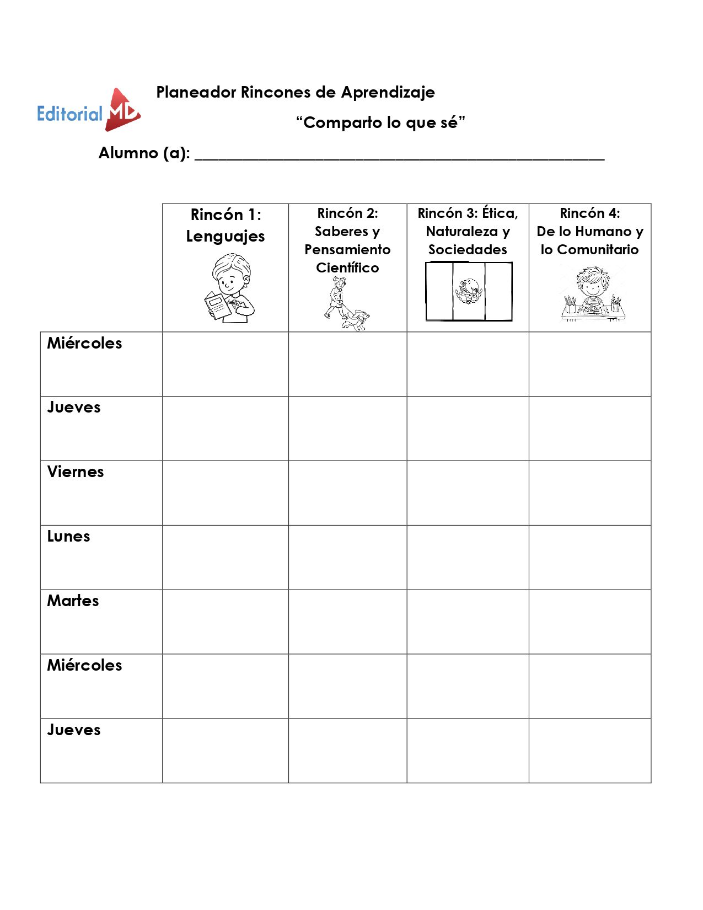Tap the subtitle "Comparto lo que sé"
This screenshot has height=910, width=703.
pyautogui.click(x=380, y=122)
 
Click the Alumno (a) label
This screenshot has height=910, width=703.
pyautogui.click(x=144, y=153)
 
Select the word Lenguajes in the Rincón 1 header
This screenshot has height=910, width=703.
pyautogui.click(x=225, y=237)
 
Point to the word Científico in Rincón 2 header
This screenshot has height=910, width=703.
pyautogui.click(x=347, y=268)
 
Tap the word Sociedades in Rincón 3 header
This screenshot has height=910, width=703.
pyautogui.click(x=468, y=250)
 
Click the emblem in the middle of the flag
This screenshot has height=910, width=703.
pyautogui.click(x=468, y=291)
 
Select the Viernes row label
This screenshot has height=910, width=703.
pyautogui.click(x=76, y=472)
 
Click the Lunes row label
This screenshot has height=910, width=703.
pyautogui.click(x=68, y=537)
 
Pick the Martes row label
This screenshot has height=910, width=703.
pyautogui.click(x=73, y=601)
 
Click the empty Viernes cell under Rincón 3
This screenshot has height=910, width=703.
pyautogui.click(x=468, y=493)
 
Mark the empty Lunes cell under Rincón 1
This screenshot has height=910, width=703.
pyautogui.click(x=225, y=558)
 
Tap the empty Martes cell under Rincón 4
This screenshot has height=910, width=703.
pyautogui.click(x=589, y=622)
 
